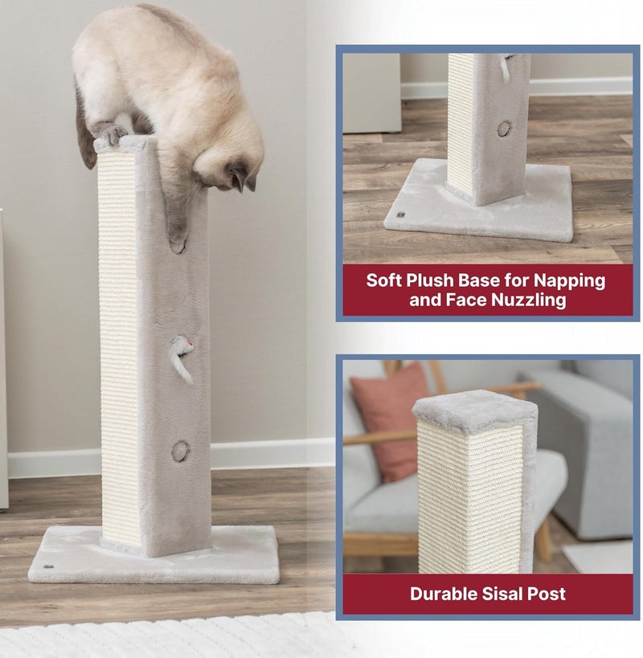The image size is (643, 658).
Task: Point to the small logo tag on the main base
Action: (x=48, y=567)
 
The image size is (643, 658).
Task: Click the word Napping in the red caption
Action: (x=570, y=280)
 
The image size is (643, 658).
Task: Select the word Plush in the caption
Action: (x=430, y=280)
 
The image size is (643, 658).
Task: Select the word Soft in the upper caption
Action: (x=383, y=280)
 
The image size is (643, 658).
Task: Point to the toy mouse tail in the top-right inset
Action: (x=505, y=69)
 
